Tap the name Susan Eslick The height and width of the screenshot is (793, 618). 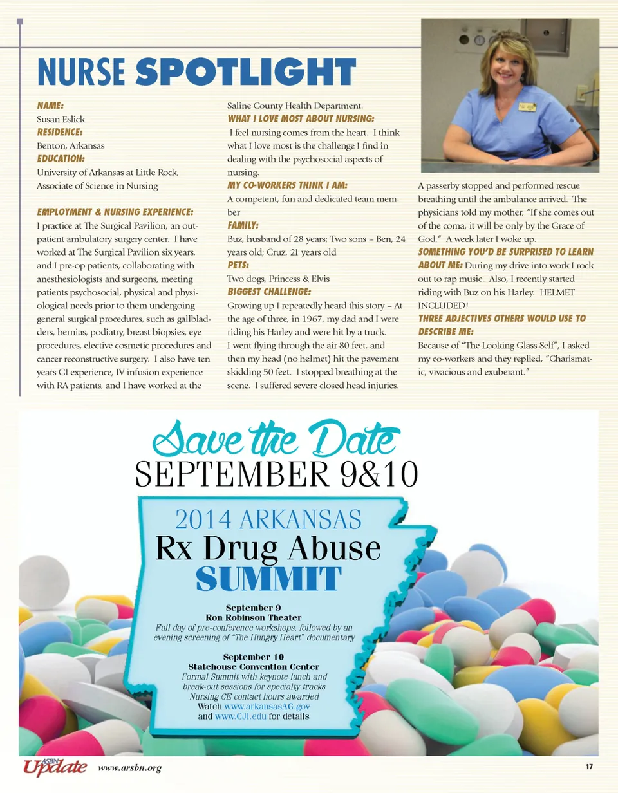point(61,119)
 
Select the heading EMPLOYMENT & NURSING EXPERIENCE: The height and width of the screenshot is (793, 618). point(115,212)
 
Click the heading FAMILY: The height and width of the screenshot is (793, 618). point(243,225)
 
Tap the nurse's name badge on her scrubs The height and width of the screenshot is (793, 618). point(528,106)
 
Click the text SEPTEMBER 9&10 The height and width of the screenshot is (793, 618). point(277,476)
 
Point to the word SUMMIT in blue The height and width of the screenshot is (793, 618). point(267,579)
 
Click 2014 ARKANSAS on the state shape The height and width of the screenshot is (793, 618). point(268,519)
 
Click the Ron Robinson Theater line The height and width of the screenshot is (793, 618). point(254,618)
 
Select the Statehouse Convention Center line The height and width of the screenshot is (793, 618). point(254,667)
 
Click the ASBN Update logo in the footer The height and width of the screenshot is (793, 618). point(54,767)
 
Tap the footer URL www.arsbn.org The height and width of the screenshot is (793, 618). point(130,768)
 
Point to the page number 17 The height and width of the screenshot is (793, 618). point(588,767)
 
